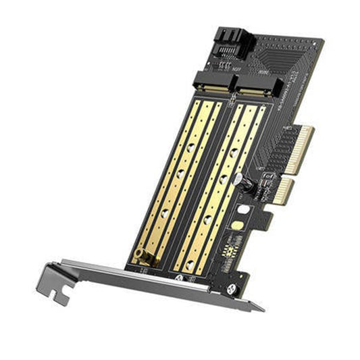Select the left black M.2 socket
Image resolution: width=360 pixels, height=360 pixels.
point(211,84)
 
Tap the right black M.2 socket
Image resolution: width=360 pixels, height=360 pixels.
point(250,88)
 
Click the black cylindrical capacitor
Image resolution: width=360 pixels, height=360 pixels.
point(247,186)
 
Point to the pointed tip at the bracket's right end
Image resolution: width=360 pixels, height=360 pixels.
point(260,307)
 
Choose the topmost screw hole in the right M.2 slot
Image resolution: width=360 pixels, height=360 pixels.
point(234,153)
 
